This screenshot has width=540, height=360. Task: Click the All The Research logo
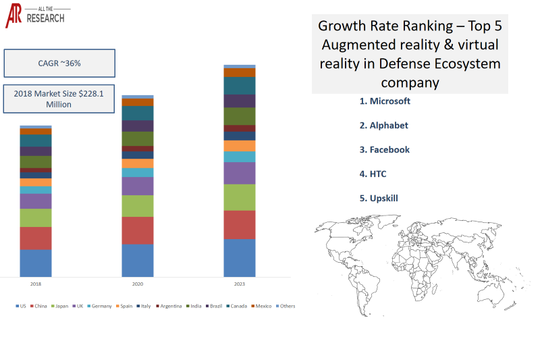(x=35, y=16)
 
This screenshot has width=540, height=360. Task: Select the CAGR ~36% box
(x=59, y=63)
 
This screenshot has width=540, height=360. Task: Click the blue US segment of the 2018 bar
(x=36, y=263)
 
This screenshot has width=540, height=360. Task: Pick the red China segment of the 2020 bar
(x=138, y=230)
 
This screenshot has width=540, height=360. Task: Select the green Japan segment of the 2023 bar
(x=240, y=197)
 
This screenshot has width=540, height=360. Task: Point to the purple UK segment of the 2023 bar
(x=240, y=174)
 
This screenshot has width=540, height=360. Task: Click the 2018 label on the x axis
(x=36, y=284)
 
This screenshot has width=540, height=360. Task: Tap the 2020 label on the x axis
(x=138, y=284)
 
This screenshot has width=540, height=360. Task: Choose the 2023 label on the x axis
(x=240, y=284)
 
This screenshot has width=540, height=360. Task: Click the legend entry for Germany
(x=99, y=306)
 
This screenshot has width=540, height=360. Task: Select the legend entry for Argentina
(x=169, y=306)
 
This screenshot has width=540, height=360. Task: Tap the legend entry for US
(x=21, y=306)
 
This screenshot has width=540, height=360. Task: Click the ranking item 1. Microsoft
(x=385, y=101)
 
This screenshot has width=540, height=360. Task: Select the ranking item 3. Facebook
(x=384, y=150)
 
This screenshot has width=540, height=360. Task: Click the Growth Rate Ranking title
(x=410, y=54)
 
